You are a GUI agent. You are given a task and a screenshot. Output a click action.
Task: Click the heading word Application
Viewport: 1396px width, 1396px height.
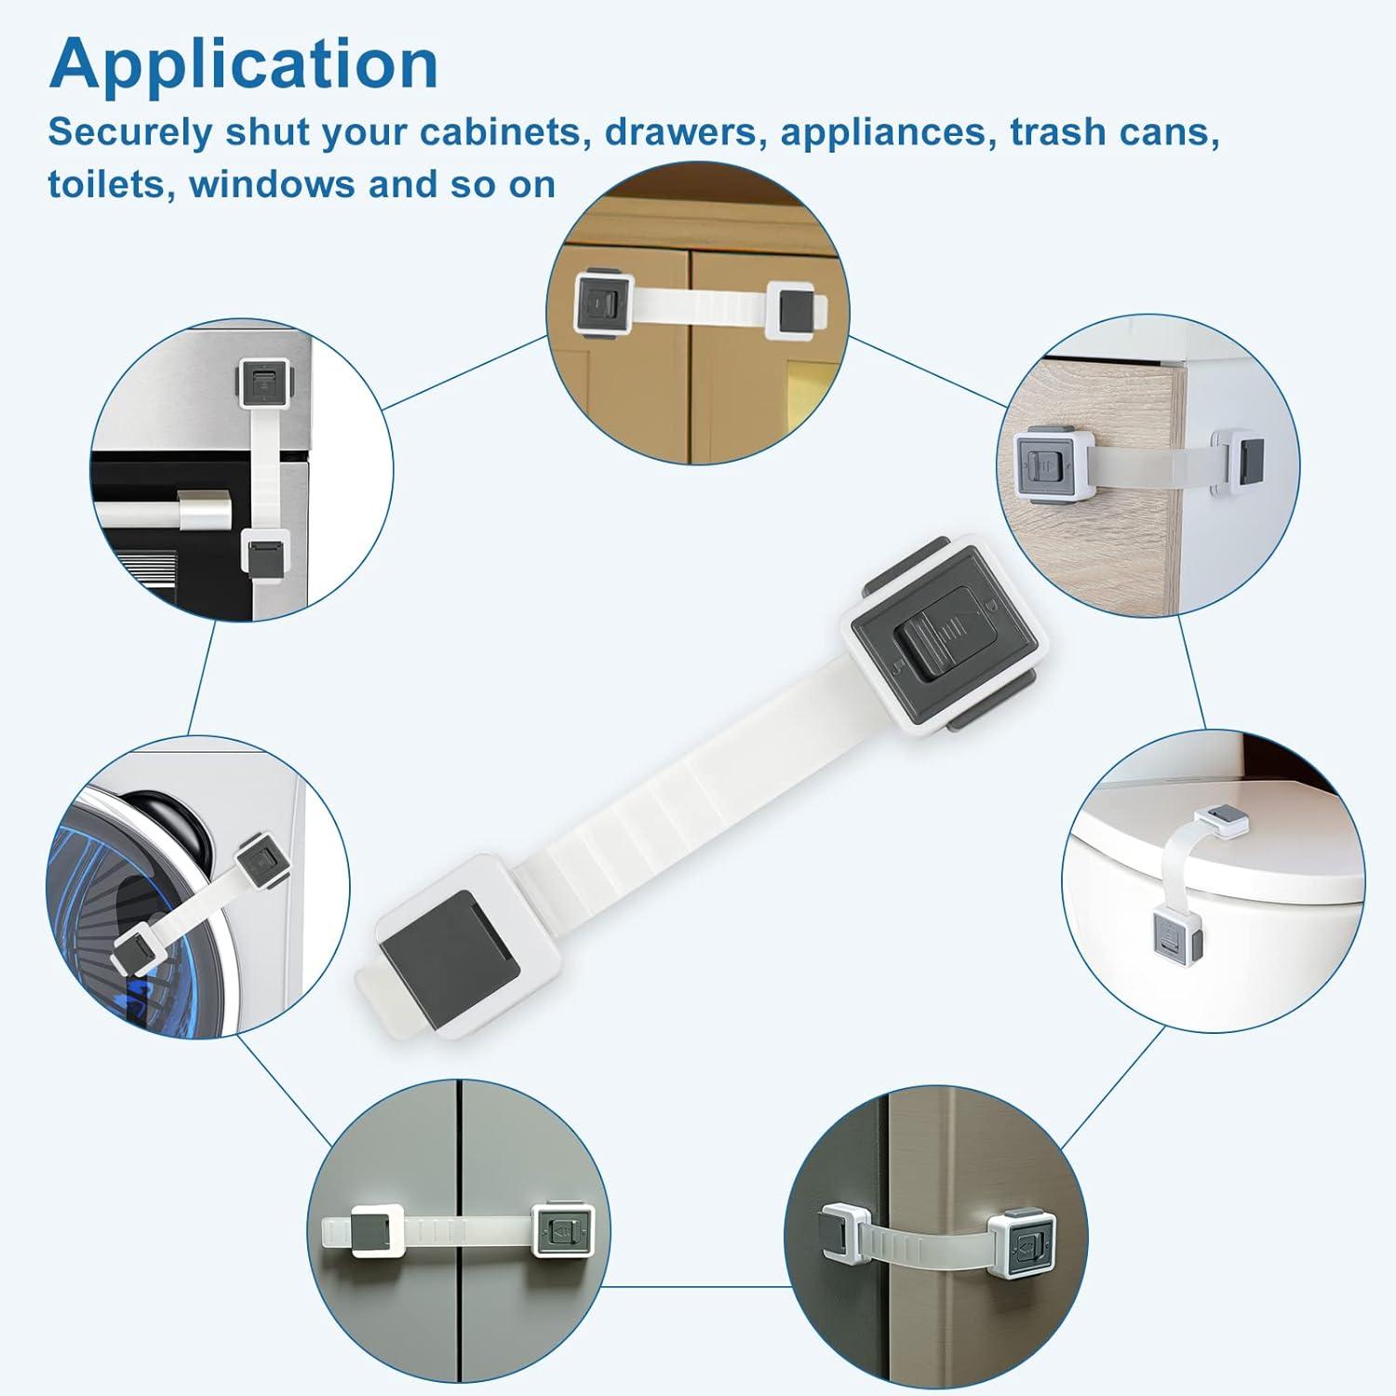pos(244,63)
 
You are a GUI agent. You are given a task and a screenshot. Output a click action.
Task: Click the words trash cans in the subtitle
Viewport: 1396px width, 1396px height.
pos(1115,132)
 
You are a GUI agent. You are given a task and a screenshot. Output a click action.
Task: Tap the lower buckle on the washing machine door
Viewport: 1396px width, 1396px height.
pos(135,949)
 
